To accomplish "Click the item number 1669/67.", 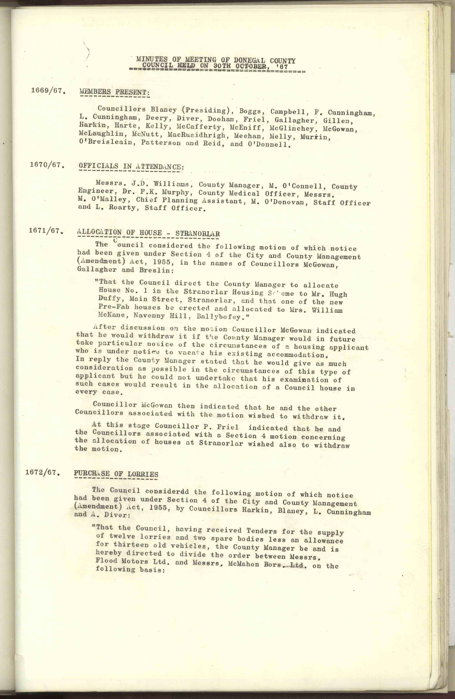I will [48, 90].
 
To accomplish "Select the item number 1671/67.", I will [46, 231].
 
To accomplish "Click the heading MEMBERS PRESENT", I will [114, 92].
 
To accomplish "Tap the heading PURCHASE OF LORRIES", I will [116, 474].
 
